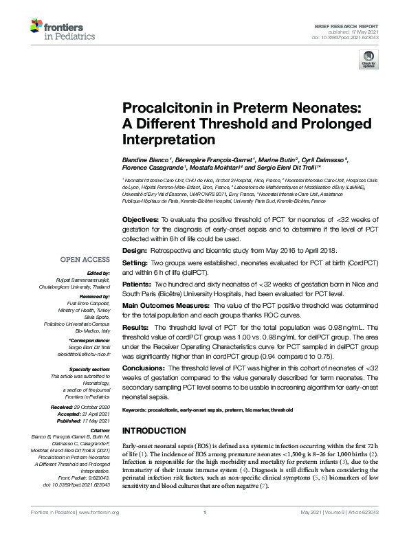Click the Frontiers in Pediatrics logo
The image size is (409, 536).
point(58,30)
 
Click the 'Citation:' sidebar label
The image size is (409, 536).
point(98,430)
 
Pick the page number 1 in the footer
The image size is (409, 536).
point(204,531)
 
